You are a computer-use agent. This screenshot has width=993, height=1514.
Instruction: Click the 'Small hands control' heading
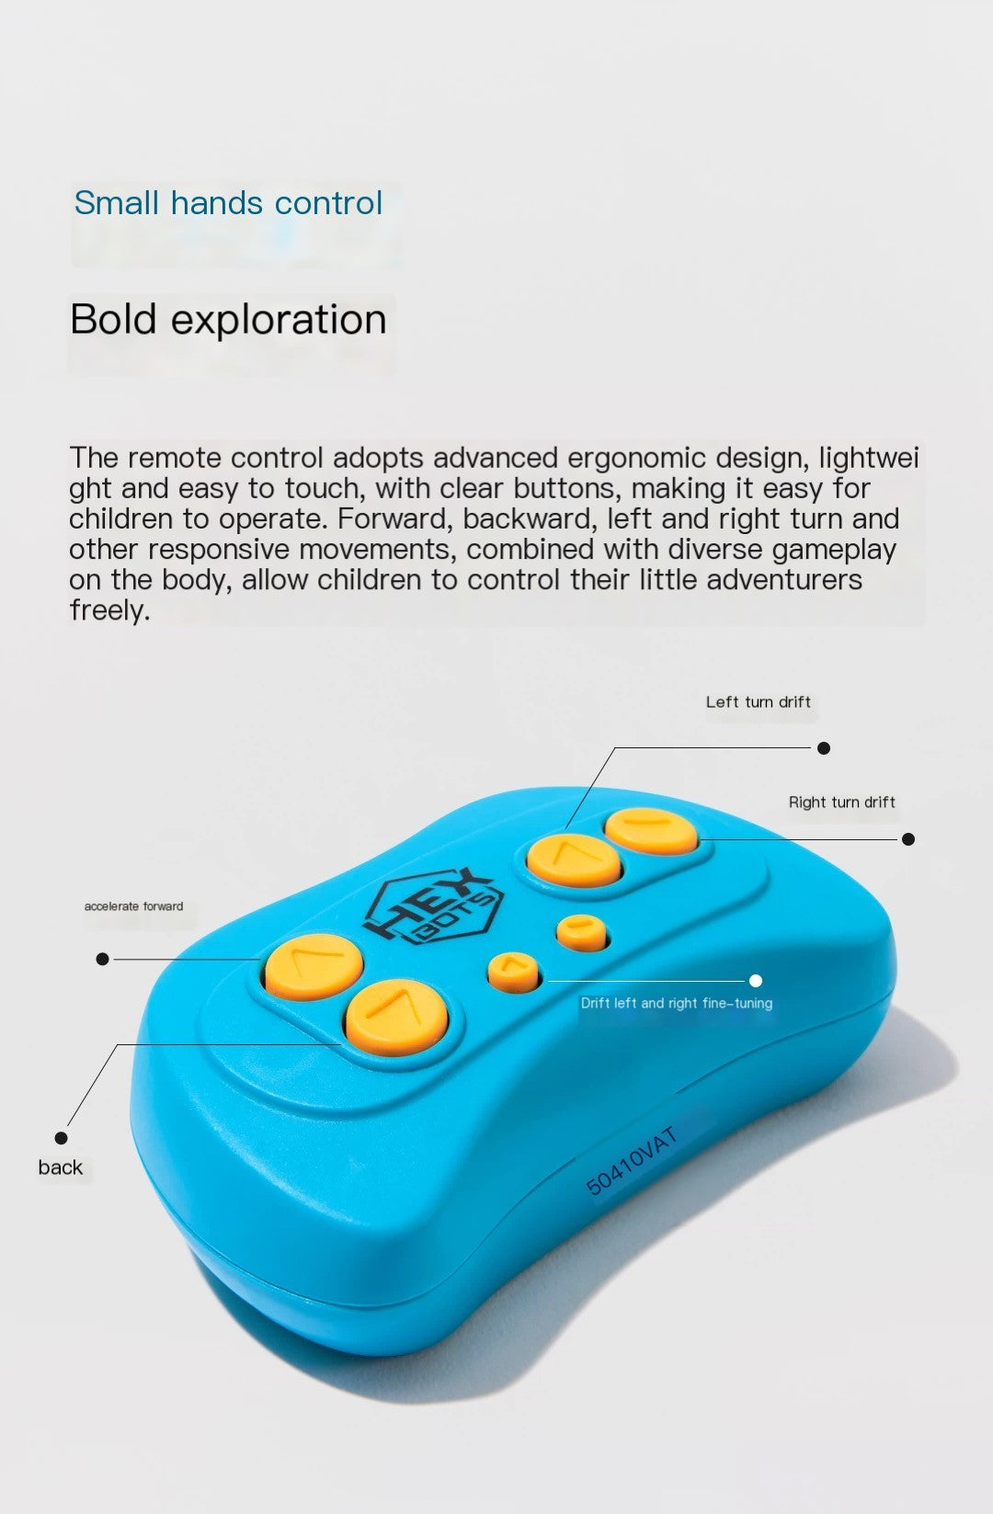pos(228,203)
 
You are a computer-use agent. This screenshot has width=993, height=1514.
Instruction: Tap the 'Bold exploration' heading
pos(228,319)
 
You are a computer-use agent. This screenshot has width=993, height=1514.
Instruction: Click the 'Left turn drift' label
pos(758,701)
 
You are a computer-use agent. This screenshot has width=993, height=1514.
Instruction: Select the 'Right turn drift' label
pos(841,802)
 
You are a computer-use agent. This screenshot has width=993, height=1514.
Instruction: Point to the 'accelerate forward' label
pos(134,905)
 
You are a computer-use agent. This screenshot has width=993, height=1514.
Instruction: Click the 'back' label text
pos(60,1167)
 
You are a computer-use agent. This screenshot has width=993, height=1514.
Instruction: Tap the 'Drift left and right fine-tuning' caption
pos(676,1003)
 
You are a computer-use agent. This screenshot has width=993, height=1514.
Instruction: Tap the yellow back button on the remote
pos(397,1017)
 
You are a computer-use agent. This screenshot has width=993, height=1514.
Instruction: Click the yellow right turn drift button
pos(650,831)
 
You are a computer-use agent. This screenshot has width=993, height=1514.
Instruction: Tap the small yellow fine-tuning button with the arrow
pos(514,972)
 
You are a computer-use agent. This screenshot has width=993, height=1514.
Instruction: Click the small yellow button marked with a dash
pos(582,933)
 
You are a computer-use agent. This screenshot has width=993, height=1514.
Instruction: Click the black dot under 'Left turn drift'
pos(823,748)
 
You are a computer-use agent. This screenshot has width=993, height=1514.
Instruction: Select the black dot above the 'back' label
pos(61,1138)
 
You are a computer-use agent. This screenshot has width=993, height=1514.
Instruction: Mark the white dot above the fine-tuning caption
pos(756,981)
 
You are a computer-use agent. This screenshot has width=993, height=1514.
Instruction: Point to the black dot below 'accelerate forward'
pos(103,959)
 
